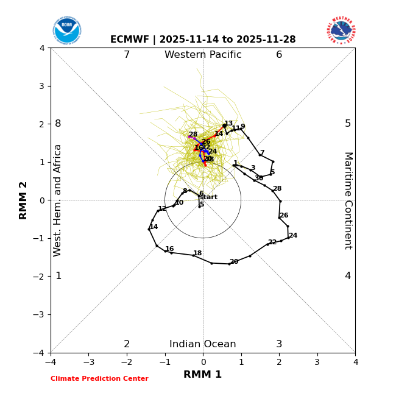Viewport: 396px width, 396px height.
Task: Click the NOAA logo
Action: [x=66, y=30]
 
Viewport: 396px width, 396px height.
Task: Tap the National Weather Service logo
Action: [x=341, y=30]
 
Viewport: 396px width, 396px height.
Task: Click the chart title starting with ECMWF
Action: [x=203, y=40]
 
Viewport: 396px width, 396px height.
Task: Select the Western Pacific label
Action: [x=203, y=55]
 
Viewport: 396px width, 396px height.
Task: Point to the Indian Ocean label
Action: [x=203, y=344]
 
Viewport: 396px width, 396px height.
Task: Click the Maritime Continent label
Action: [x=348, y=200]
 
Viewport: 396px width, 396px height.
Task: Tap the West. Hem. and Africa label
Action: [x=58, y=200]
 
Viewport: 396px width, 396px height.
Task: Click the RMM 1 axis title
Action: [x=203, y=375]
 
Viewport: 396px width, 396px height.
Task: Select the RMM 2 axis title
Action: [x=24, y=200]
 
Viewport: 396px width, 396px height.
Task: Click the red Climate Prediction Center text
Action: [x=99, y=379]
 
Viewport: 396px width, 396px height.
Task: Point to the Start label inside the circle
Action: [x=208, y=197]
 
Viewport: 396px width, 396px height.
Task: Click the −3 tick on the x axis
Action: [x=88, y=362]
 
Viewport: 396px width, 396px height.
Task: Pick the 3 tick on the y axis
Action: [x=42, y=86]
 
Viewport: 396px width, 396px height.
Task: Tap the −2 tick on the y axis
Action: [x=40, y=277]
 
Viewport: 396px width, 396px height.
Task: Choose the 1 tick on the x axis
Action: [x=241, y=362]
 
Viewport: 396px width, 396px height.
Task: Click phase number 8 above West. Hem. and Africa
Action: [x=58, y=124]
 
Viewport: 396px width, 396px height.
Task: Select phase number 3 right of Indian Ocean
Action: [x=279, y=344]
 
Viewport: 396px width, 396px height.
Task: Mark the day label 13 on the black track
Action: [x=228, y=124]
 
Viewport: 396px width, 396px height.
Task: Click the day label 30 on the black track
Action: [x=259, y=179]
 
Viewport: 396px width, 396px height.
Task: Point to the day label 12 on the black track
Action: [x=162, y=209]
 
